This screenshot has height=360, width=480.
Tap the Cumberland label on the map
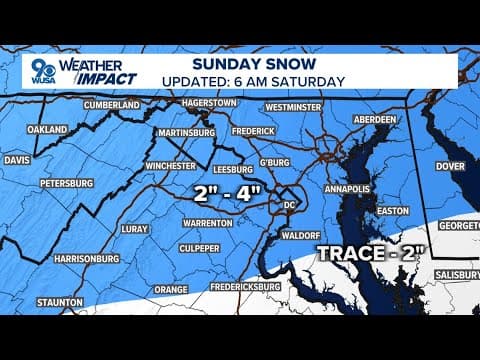pos(111,105)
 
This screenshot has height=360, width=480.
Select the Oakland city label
pos(47,130)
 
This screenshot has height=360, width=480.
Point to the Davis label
pos(17,159)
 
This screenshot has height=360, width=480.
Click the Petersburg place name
pos(66,184)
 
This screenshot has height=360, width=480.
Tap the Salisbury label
pos(454,275)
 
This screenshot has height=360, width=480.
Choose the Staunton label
pos(59,301)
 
